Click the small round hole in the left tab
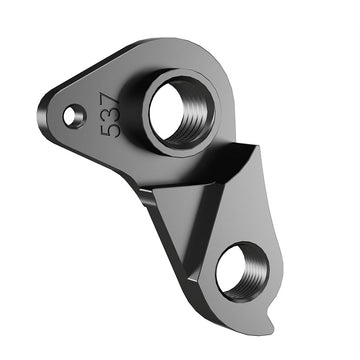[x=74, y=117]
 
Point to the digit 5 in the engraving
[x=113, y=128]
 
